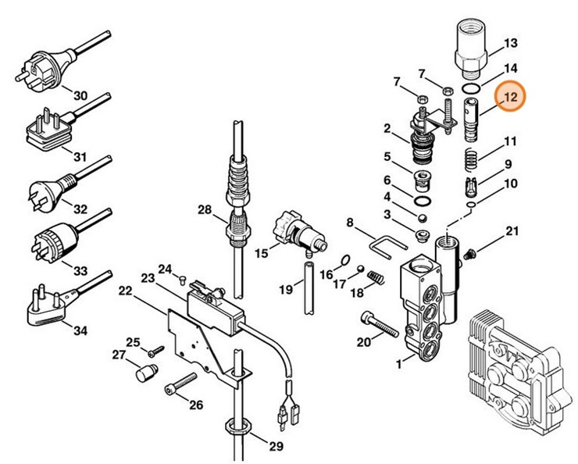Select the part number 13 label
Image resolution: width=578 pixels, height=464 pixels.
pyautogui.click(x=511, y=42)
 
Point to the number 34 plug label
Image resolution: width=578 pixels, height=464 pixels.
pyautogui.click(x=80, y=330)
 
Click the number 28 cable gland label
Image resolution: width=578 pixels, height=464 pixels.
pyautogui.click(x=205, y=209)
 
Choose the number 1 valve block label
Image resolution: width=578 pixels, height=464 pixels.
pyautogui.click(x=400, y=362)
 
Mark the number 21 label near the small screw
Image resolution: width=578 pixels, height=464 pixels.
pyautogui.click(x=512, y=230)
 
